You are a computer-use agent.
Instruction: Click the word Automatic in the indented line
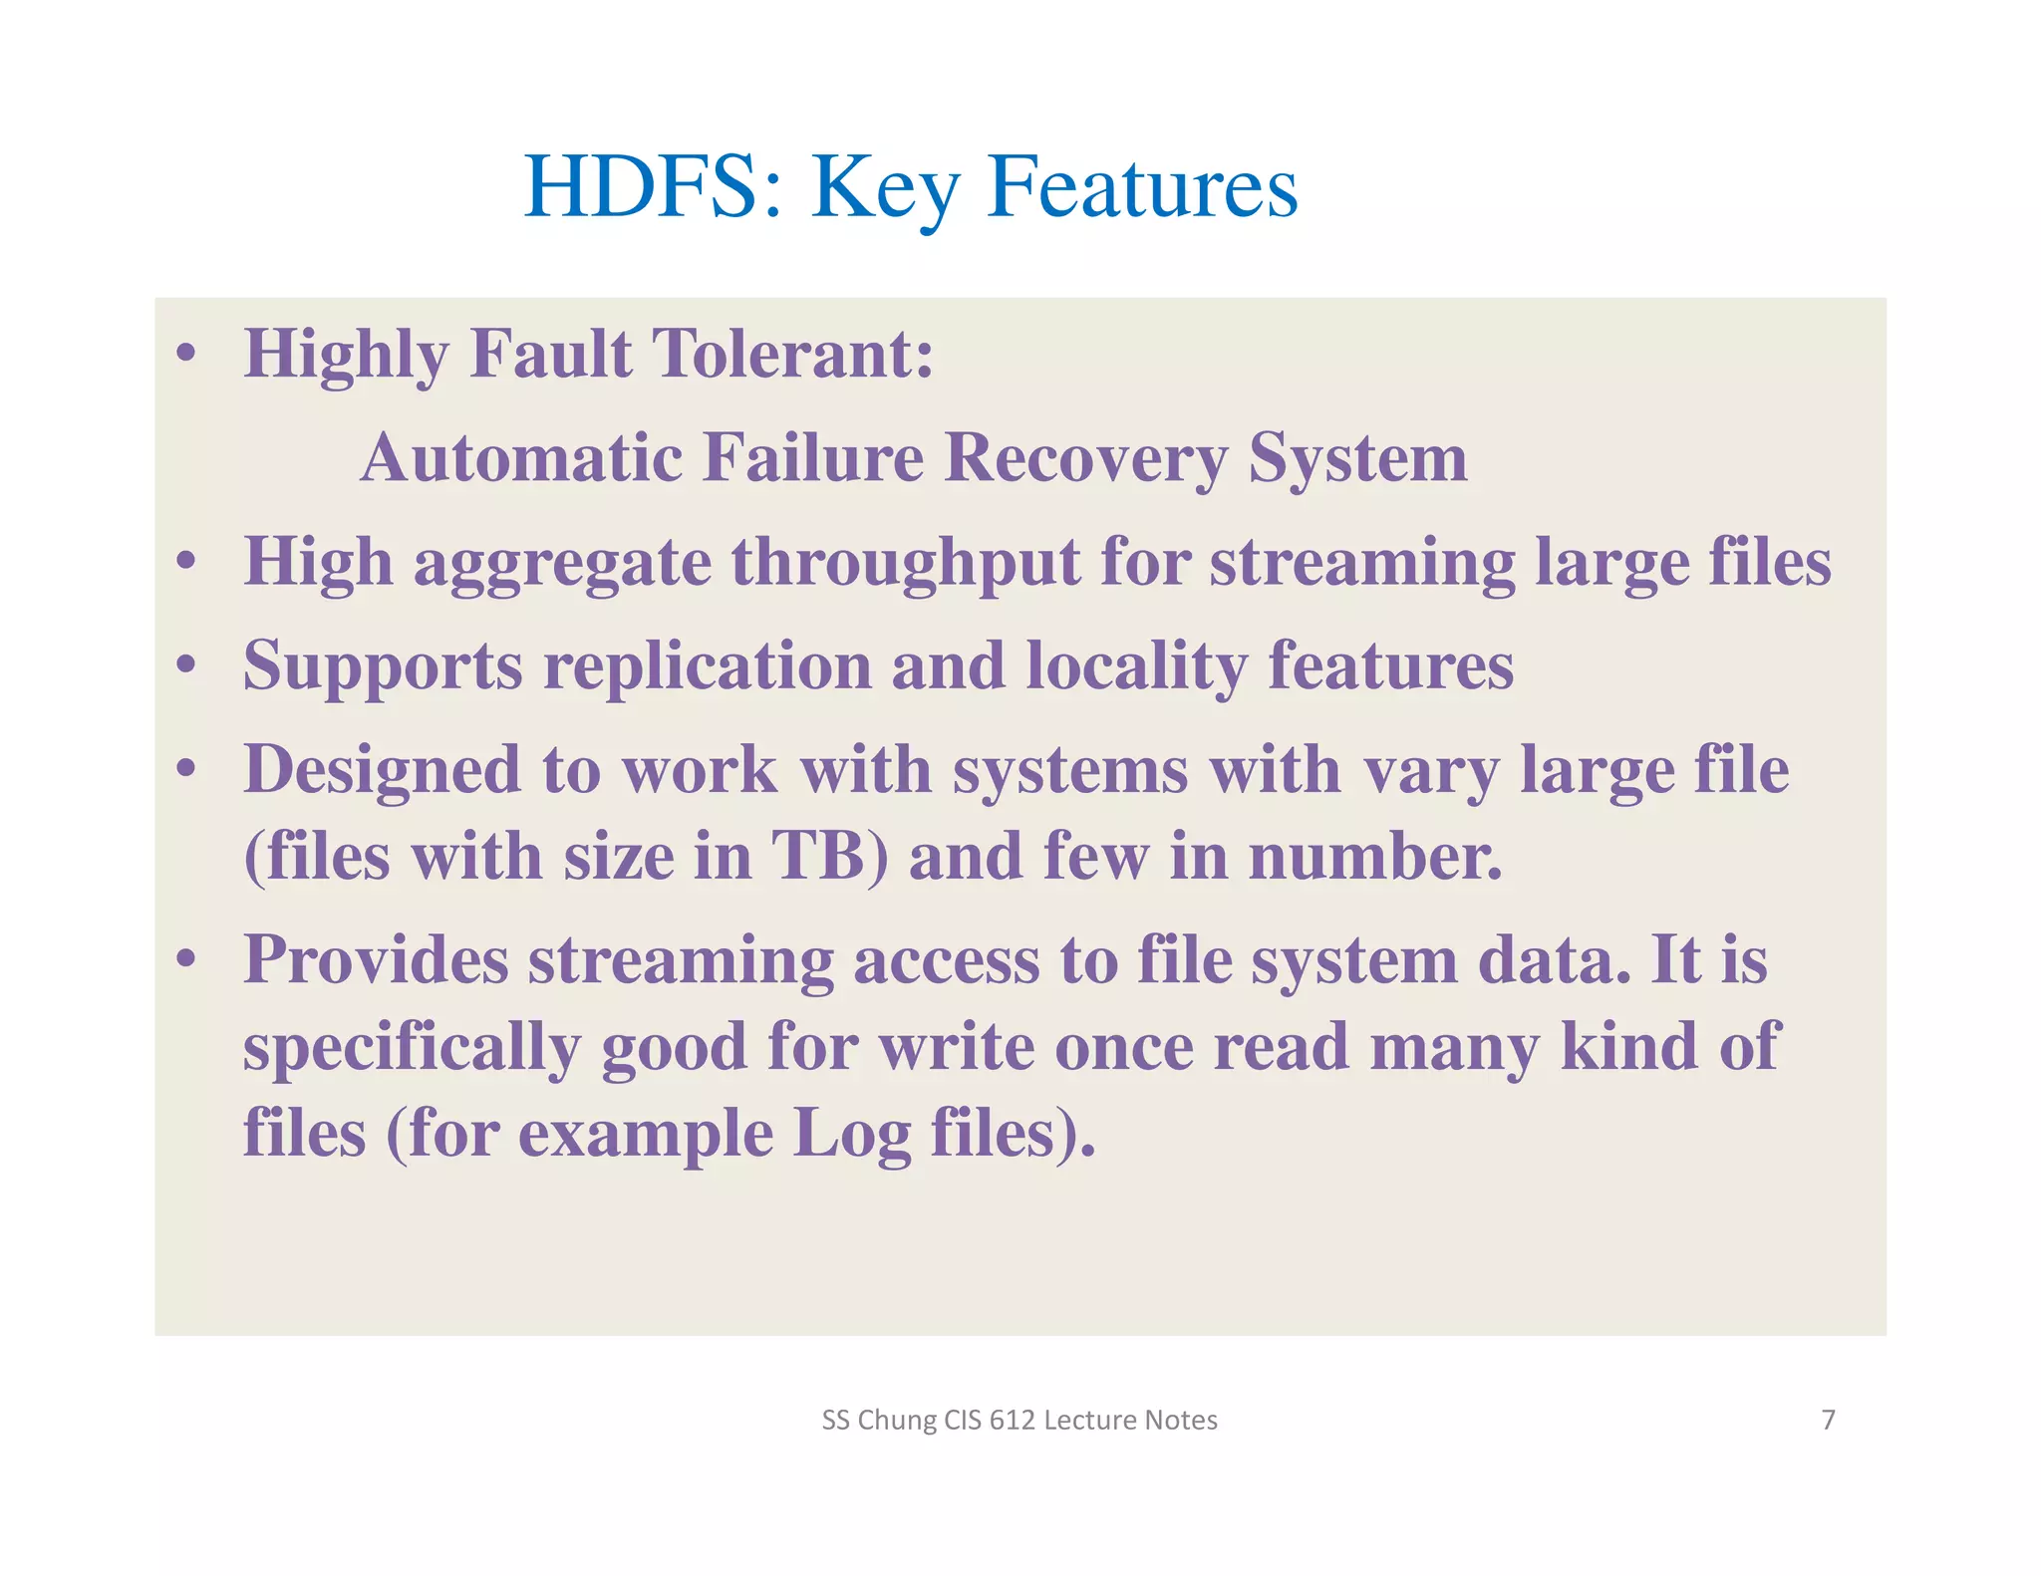point(521,458)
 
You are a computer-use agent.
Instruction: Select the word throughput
point(906,563)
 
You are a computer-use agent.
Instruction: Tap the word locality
point(1136,666)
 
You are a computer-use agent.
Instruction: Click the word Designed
point(382,771)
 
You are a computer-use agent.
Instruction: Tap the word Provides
point(376,960)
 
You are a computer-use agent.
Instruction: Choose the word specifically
point(412,1048)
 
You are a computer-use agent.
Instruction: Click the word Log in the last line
point(851,1135)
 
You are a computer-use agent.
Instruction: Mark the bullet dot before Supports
point(185,665)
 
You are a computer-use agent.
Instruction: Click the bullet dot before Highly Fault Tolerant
point(185,354)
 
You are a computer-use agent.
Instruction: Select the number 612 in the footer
point(1012,1420)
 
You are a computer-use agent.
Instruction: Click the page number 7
point(1828,1420)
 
